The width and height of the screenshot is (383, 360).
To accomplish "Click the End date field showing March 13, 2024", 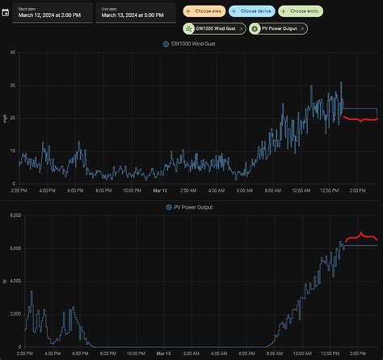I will click(x=135, y=12).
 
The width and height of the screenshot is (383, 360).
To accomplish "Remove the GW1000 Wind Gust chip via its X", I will click(x=241, y=28).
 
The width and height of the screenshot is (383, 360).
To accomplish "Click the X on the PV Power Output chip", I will click(x=303, y=28).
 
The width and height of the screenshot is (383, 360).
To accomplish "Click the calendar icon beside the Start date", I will click(x=6, y=12).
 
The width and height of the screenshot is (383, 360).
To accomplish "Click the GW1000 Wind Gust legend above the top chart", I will click(x=194, y=44).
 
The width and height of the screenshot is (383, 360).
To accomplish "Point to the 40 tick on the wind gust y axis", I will click(x=12, y=53).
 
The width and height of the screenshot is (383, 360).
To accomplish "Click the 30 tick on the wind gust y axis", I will click(x=12, y=85).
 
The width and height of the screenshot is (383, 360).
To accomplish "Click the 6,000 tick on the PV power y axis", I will click(x=10, y=248).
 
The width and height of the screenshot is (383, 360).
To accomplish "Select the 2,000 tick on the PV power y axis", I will click(x=10, y=314).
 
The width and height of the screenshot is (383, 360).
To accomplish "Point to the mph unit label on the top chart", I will click(x=5, y=118).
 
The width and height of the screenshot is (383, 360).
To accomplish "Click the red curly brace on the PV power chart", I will click(x=361, y=238).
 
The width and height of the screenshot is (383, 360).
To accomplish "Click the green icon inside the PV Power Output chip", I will click(x=255, y=28).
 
